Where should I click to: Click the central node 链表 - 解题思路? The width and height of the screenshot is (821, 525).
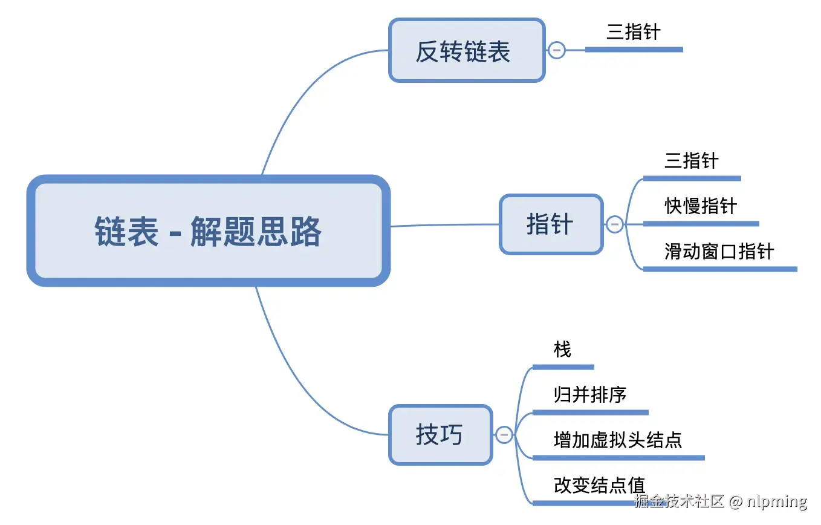coord(208,230)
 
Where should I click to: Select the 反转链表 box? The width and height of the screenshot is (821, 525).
coord(466,51)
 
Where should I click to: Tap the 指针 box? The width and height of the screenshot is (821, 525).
coord(551,224)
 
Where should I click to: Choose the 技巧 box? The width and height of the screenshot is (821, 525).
coord(440,435)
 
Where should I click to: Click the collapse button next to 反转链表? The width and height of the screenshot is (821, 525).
coord(556,50)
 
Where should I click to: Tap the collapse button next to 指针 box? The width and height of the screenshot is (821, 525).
coord(614,224)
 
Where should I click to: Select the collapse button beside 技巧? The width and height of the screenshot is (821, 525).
coord(504,435)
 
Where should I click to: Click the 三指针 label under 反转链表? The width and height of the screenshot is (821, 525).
coord(633,32)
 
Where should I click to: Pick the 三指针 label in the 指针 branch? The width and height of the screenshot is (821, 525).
coord(691,161)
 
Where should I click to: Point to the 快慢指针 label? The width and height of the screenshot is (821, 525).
coord(701,206)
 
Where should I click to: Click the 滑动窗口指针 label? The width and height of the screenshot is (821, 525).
coord(719,251)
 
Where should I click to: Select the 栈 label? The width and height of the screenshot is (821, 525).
coord(562,350)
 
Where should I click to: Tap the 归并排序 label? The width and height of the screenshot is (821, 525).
coord(589,395)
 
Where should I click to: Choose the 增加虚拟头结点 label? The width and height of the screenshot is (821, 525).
coord(617,440)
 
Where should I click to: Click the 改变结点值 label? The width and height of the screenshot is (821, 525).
coord(599,485)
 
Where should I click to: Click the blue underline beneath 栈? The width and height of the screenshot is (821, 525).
coord(563,367)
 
